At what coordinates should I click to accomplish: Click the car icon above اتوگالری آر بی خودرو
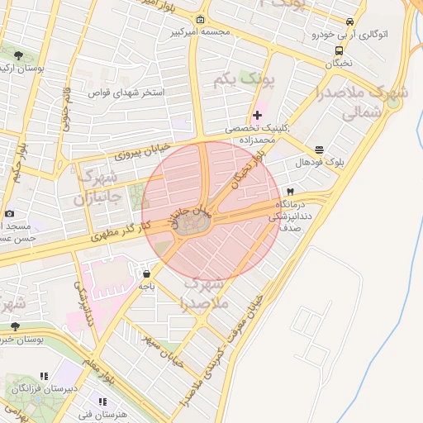(x=351, y=22)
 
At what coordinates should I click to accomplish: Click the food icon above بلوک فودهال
(x=320, y=150)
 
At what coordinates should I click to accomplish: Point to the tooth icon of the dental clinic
(x=289, y=190)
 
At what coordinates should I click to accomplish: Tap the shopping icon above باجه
(x=146, y=273)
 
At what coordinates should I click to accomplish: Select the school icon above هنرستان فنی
(x=103, y=402)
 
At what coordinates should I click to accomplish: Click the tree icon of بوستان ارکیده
(x=18, y=55)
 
